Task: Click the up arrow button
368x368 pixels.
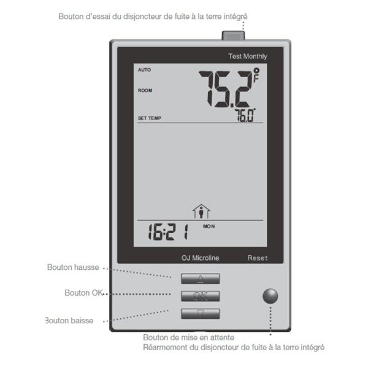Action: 200,278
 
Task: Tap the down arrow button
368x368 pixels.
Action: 200,313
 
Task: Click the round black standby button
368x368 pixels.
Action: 270,296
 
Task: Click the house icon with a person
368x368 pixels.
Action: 201,212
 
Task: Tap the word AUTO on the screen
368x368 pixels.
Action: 144,70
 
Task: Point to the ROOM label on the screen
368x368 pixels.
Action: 145,91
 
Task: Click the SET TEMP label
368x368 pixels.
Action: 150,118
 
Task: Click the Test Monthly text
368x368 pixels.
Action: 247,56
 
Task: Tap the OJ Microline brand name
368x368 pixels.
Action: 200,258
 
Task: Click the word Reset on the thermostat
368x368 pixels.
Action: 258,258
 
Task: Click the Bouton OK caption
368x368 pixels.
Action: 83,293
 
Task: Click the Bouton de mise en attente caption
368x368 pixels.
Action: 188,337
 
